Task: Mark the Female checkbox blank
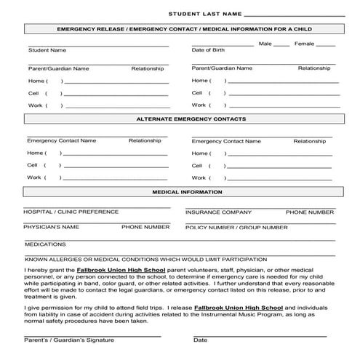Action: coord(325,44)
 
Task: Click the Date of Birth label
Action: coord(208,51)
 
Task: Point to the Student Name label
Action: coord(47,51)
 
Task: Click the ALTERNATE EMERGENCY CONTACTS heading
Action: coord(191,119)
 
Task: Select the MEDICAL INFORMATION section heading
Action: coord(187,192)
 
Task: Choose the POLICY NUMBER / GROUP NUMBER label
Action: coord(236,228)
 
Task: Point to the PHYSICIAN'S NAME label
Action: coord(51,227)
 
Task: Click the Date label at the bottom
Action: coord(200,340)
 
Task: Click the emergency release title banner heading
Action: coord(186,29)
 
